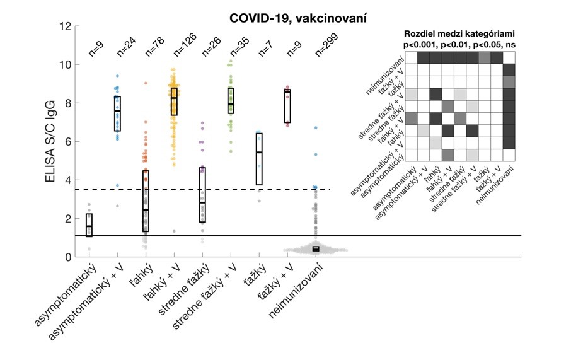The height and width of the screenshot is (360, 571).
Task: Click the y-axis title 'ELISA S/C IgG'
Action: (x=52, y=142)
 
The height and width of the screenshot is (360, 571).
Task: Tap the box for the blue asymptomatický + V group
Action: (x=117, y=113)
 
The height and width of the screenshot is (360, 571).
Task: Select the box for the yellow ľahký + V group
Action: (x=174, y=102)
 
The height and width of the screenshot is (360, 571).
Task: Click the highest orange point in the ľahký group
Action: (x=146, y=83)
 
